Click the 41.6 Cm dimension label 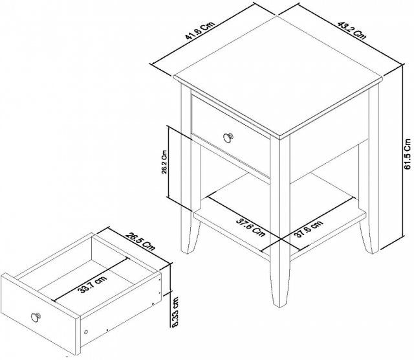[x=200, y=30]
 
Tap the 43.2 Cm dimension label [x=352, y=30]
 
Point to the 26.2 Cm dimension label [x=164, y=162]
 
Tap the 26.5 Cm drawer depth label [x=140, y=242]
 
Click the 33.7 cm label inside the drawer [x=93, y=285]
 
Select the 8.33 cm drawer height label [x=173, y=312]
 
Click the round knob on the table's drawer [x=228, y=137]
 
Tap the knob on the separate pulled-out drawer [x=36, y=317]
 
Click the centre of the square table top [x=278, y=77]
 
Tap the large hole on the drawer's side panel [x=86, y=332]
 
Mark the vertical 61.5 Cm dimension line [x=402, y=151]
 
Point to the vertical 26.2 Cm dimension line [x=168, y=161]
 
